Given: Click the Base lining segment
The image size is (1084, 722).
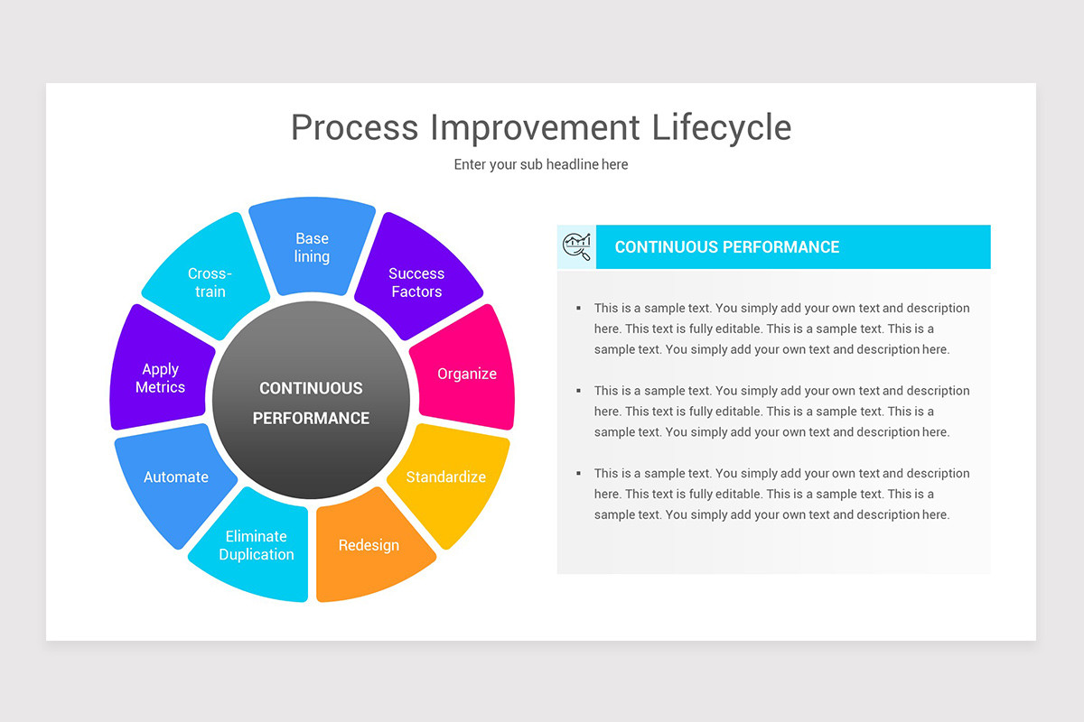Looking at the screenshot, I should [x=312, y=247].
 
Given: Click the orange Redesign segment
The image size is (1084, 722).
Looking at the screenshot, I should [x=369, y=546].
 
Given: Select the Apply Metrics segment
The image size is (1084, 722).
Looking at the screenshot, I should [x=161, y=377].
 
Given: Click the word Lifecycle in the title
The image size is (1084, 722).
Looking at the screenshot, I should [x=721, y=127].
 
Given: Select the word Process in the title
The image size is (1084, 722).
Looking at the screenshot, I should [x=354, y=127].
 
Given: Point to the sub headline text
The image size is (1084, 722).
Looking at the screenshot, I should [x=540, y=164].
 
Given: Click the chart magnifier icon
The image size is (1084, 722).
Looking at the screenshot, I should [x=576, y=246].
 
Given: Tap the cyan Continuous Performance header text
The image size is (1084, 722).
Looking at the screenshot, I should [x=726, y=246].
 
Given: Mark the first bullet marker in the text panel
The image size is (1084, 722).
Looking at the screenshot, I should [x=578, y=309].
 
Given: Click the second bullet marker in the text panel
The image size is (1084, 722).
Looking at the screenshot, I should [x=578, y=391].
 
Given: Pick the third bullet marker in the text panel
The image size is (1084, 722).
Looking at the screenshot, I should [x=578, y=473].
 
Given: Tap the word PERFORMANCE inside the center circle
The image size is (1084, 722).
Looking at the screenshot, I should [x=311, y=418].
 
